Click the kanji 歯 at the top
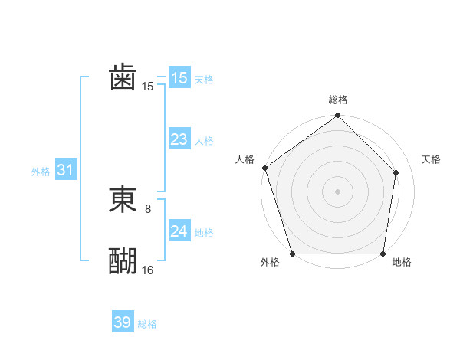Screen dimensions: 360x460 point(123,77)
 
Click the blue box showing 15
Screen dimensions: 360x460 point(179,78)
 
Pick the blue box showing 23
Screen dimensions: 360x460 point(179,139)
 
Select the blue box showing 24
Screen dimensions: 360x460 point(179,231)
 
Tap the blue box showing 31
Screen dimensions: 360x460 point(65,170)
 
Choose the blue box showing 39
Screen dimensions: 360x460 point(123,322)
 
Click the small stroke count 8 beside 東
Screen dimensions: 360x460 point(148,208)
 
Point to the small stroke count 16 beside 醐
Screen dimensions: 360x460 point(148,270)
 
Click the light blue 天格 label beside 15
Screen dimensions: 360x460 point(204,80)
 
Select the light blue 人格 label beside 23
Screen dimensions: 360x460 point(204,141)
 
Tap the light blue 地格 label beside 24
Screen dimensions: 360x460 point(204,233)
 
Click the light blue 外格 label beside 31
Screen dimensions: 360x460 point(41,172)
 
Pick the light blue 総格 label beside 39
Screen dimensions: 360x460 point(147,324)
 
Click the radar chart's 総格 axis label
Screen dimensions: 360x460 point(337,100)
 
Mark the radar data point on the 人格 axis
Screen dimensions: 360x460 point(264,168)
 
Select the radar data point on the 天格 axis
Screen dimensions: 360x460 point(396,172)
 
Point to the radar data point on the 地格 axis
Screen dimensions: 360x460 point(383,254)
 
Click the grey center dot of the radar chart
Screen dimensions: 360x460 point(337,191)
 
